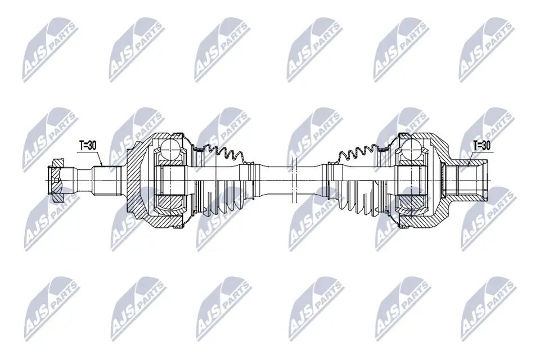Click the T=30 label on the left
pos(87,145)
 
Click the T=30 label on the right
pos(481,145)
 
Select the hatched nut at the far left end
pos(57,180)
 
